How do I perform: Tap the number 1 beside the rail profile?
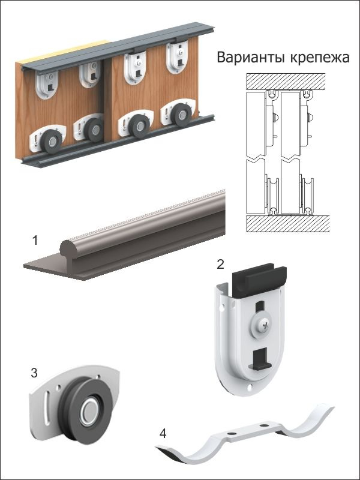point(35,241)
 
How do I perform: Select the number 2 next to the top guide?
point(220,264)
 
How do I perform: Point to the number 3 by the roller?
point(34,373)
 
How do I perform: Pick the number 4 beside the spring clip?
point(163,433)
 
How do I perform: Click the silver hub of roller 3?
point(89,412)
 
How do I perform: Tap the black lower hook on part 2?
point(260,359)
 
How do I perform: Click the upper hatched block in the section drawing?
point(286,82)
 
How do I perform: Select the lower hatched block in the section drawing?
point(287,223)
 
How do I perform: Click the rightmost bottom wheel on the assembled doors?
point(181,115)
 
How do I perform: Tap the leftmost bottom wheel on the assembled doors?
point(52,142)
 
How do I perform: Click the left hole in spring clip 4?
point(232,433)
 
